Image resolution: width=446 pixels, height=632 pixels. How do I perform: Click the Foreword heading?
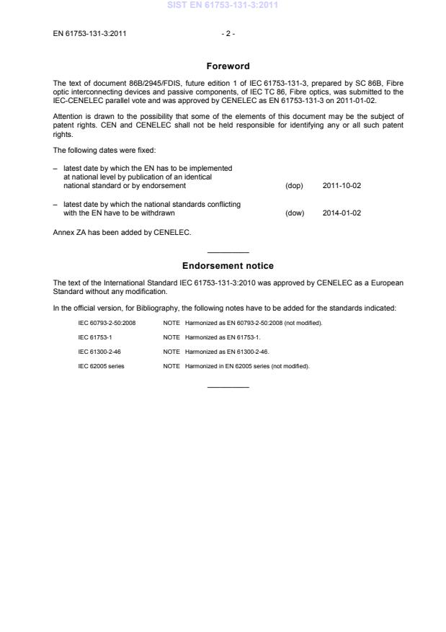(x=228, y=66)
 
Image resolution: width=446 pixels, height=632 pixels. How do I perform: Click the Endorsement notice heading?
(x=228, y=266)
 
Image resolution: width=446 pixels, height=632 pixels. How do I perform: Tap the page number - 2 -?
(x=228, y=33)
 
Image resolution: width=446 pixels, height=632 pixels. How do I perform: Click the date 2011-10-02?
(x=342, y=186)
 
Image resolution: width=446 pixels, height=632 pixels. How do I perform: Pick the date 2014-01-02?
(x=342, y=213)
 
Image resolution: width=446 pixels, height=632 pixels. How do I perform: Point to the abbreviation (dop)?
(x=294, y=186)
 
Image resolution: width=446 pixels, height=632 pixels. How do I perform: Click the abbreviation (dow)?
(x=295, y=213)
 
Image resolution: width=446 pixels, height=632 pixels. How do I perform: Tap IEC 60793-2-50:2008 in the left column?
(x=107, y=322)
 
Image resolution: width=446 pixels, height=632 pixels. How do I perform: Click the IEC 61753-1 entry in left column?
(x=94, y=337)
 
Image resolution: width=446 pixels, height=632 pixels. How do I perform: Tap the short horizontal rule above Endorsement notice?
(x=228, y=252)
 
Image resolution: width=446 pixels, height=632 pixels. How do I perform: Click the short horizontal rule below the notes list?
(x=228, y=388)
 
